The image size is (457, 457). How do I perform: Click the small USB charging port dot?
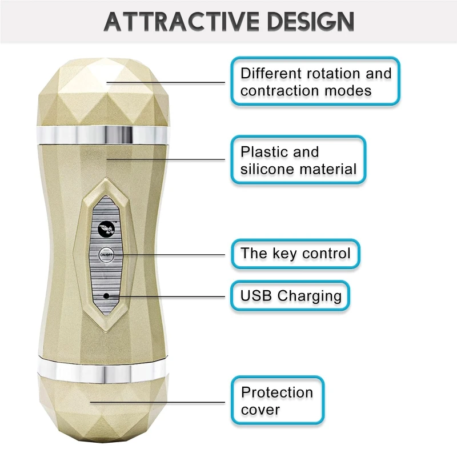click(x=106, y=295)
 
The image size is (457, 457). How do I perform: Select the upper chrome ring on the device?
click(x=104, y=134)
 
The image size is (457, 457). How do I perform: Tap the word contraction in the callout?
click(x=276, y=91)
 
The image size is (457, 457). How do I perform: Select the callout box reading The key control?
click(x=295, y=254)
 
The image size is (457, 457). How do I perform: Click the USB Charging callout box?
click(x=291, y=296)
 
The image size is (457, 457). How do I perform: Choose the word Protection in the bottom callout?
click(x=277, y=392)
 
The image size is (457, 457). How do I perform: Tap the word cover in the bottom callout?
click(x=260, y=410)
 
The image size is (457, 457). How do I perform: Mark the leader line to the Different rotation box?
click(x=171, y=83)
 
